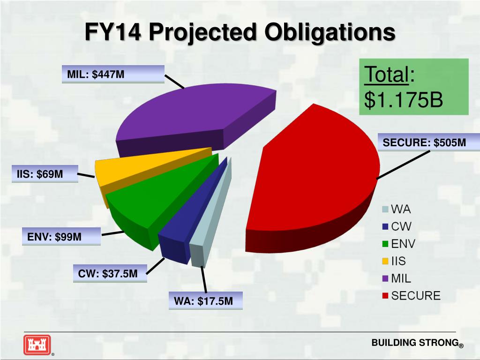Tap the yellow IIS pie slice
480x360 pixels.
point(141,166)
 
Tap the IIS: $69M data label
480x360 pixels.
point(40,174)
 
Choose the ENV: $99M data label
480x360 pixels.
point(54,237)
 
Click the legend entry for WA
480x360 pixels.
point(396,209)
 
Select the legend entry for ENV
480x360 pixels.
point(398,244)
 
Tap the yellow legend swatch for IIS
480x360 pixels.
point(385,261)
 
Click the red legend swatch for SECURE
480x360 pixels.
point(385,296)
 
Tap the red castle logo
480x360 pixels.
point(37,345)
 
